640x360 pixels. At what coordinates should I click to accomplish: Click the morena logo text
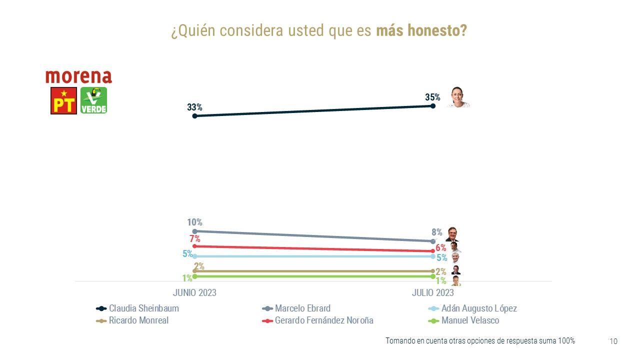78,76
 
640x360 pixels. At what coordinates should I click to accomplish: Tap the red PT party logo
63,100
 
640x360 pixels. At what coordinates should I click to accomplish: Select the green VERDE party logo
93,100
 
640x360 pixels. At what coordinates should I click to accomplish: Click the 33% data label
194,107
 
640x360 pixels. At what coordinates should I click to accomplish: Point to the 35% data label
432,97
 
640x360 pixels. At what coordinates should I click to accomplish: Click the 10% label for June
194,222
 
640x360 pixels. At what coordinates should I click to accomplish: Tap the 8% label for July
437,232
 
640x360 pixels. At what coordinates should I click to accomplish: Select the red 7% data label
194,239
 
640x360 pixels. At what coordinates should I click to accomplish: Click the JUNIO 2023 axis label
194,292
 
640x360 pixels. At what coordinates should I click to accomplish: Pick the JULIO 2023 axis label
433,292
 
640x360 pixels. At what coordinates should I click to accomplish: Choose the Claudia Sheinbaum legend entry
143,308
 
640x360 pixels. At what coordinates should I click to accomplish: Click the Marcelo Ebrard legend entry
302,308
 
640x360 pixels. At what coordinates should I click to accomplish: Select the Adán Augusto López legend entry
479,308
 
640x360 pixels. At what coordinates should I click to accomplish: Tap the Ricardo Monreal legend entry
138,320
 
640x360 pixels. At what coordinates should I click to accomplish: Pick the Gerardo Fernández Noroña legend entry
324,320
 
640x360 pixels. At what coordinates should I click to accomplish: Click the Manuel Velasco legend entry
470,320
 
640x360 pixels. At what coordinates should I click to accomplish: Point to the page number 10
613,341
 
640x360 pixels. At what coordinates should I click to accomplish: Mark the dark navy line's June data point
194,115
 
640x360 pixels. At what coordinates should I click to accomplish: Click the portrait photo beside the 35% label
457,97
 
